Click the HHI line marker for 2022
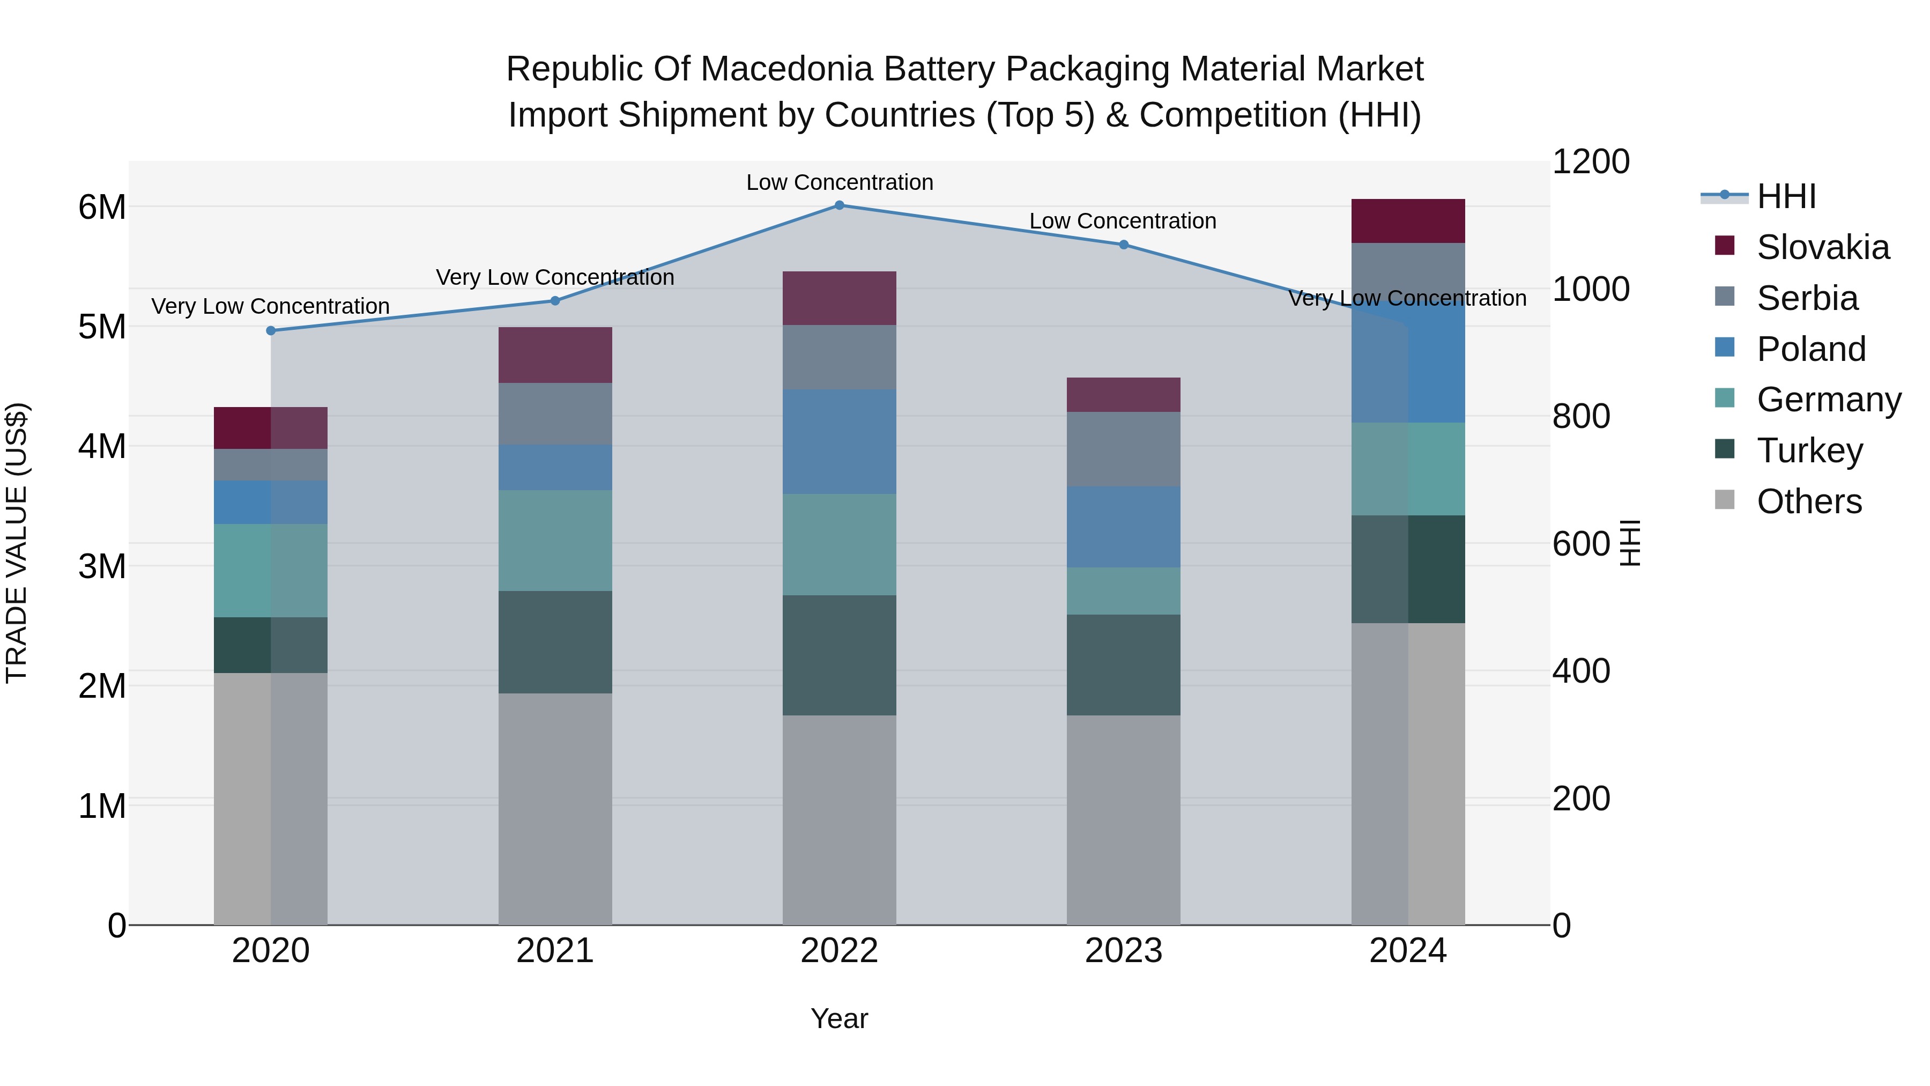click(839, 205)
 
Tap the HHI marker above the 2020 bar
click(271, 330)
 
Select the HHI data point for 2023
click(1124, 245)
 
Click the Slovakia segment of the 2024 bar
click(1408, 221)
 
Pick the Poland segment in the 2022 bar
click(839, 441)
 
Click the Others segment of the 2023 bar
click(1124, 820)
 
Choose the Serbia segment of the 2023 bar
click(1124, 449)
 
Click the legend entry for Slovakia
click(1822, 247)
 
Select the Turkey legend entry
click(1809, 450)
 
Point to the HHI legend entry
click(1786, 196)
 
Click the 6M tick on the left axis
click(102, 208)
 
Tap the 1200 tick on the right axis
click(1591, 162)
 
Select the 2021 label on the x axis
click(555, 951)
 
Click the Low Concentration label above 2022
click(839, 182)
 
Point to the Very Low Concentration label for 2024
click(1407, 298)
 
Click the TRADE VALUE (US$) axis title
click(17, 543)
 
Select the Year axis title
click(839, 1018)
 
